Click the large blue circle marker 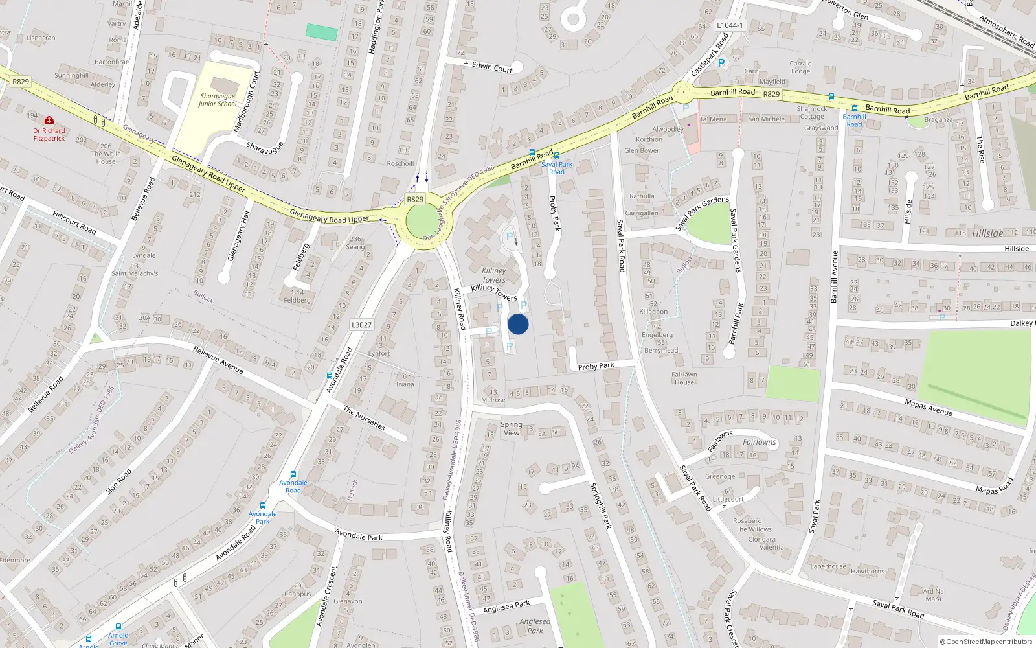518,324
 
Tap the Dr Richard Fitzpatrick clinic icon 49,120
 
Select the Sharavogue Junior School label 218,100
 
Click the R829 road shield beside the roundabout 415,200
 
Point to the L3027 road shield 361,325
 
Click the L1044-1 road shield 730,25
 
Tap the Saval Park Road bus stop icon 556,156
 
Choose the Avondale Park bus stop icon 263,505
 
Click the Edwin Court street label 492,66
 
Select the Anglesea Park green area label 535,626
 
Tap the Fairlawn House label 684,378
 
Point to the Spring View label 512,429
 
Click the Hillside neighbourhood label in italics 987,233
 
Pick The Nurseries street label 364,419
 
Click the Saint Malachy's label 135,273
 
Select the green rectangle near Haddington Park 322,32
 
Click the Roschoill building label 400,163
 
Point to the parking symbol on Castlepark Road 721,63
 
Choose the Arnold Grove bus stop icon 118,627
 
